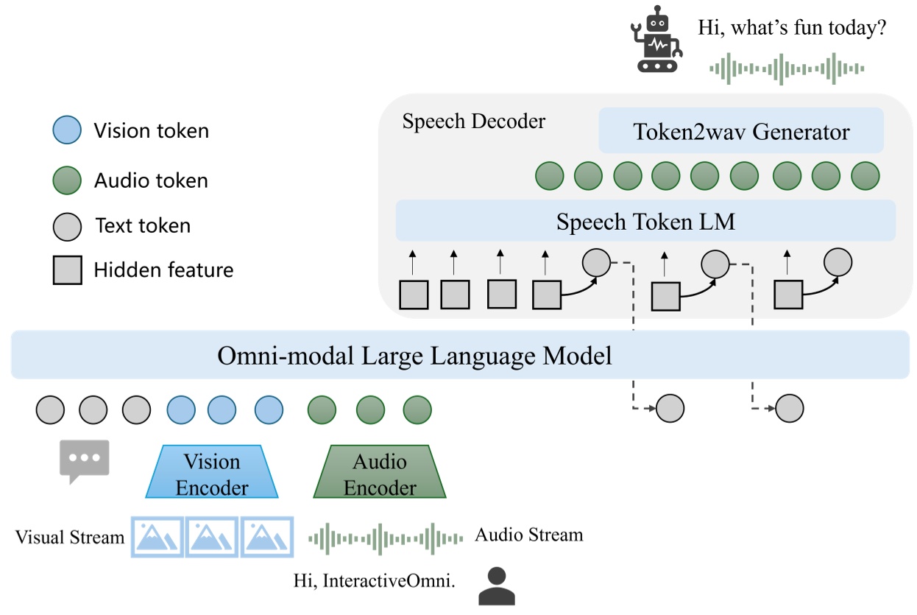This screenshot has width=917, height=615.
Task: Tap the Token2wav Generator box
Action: click(741, 132)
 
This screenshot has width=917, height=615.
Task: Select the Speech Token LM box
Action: click(645, 221)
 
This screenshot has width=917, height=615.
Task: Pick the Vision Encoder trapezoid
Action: click(212, 473)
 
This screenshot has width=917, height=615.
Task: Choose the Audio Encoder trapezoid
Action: click(380, 473)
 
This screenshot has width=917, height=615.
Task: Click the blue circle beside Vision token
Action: click(67, 131)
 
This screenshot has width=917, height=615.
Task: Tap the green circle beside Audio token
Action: click(67, 180)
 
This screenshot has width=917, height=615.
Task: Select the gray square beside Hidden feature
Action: click(67, 270)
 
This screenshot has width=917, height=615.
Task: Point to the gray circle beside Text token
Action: click(67, 225)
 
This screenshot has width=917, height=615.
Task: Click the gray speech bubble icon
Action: click(84, 460)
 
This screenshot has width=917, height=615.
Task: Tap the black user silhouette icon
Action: click(497, 586)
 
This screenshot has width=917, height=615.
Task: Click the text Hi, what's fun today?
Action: click(791, 30)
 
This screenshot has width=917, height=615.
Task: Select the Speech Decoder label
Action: click(473, 122)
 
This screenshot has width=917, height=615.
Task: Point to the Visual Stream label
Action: click(70, 537)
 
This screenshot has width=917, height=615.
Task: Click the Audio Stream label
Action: click(528, 535)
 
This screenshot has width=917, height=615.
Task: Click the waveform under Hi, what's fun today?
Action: click(786, 68)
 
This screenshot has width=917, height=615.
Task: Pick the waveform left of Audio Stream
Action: click(385, 538)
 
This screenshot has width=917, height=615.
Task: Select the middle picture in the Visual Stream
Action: click(212, 536)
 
